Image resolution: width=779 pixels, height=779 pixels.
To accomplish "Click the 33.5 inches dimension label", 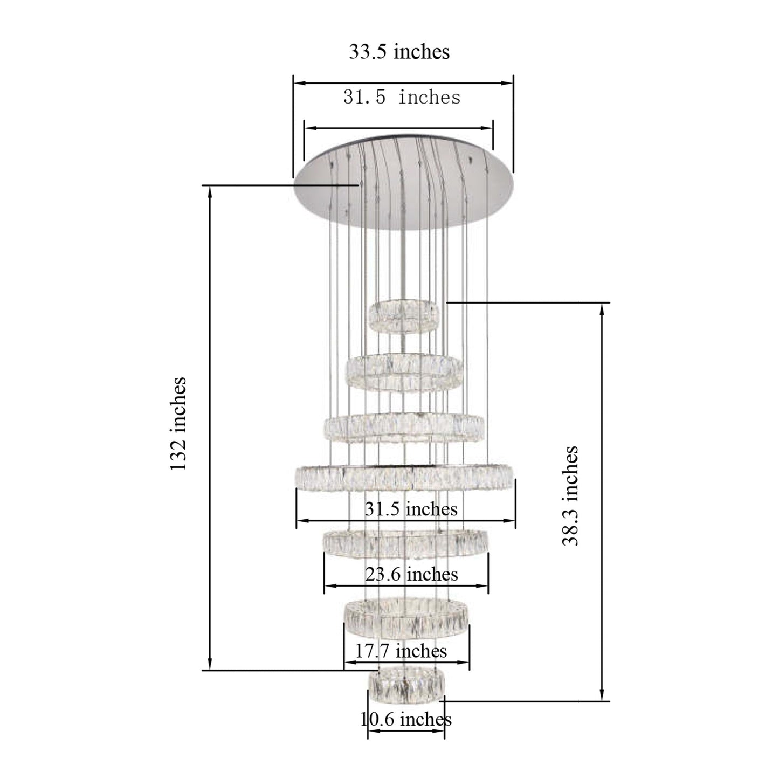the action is pos(399,52).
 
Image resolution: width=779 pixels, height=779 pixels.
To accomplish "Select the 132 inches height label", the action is pos(178,424).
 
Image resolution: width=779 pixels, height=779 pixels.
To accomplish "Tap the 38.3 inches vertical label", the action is pos(570,496).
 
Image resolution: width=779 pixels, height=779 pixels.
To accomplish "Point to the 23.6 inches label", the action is pos(411,574).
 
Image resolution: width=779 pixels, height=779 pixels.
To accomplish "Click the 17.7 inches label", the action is pos(401,651).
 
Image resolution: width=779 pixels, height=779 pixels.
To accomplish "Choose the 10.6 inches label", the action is pos(406,719).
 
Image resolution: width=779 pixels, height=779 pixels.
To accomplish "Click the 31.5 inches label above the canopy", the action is pos(402,98).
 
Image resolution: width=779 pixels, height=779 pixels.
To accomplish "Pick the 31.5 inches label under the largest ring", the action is pos(411,509).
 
